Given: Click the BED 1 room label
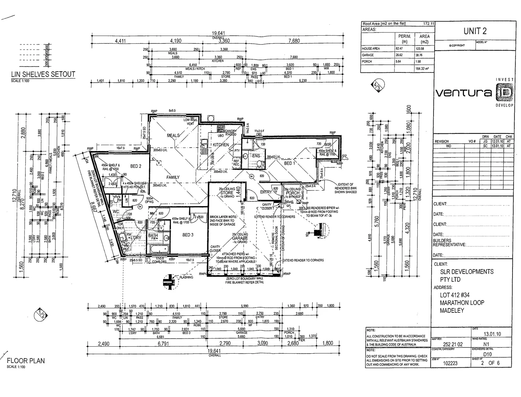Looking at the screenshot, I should (289, 163).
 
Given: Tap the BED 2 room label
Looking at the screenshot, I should (136, 166).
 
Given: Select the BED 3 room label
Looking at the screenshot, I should (188, 235).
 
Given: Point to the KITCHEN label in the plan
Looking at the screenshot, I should (221, 145).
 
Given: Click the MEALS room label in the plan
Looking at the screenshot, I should (173, 135).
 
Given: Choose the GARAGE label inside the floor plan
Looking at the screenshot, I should (240, 238).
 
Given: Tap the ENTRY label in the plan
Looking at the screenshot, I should (266, 192).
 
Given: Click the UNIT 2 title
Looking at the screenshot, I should (475, 31).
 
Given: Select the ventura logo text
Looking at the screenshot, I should (464, 93).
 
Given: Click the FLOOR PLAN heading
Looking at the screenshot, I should (26, 361).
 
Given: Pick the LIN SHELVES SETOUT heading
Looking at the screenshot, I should (43, 75).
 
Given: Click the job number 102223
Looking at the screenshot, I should (450, 363).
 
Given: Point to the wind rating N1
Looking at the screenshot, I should (486, 344).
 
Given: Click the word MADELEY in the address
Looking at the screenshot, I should (452, 311).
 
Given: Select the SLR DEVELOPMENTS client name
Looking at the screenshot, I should (467, 272).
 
